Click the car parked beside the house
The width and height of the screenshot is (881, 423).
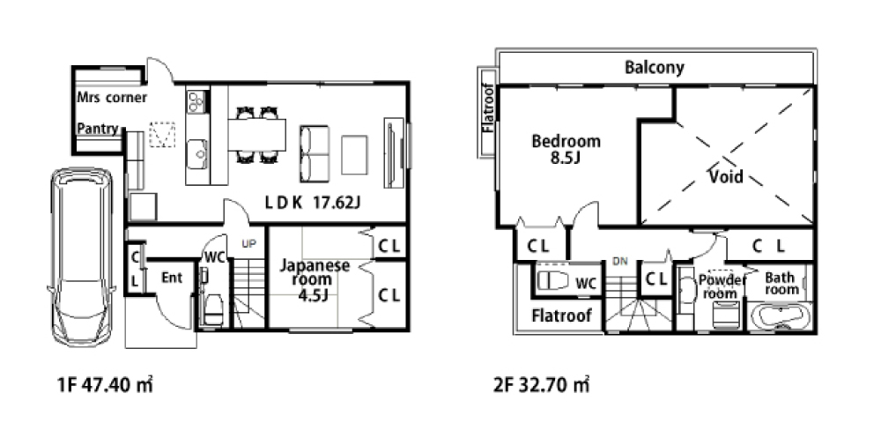click(x=82, y=256)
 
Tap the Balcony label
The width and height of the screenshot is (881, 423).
click(x=655, y=68)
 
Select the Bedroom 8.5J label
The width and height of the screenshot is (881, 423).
click(x=566, y=150)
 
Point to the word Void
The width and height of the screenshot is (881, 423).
click(x=726, y=176)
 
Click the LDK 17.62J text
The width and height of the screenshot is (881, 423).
click(x=313, y=203)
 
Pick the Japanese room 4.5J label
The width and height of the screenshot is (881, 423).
click(x=315, y=279)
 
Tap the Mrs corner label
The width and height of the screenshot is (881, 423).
click(x=112, y=98)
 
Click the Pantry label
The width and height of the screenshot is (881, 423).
click(x=98, y=129)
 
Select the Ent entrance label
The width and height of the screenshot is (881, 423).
click(x=172, y=278)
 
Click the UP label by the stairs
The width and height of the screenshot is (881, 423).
click(x=248, y=244)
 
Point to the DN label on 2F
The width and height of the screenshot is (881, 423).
click(x=620, y=262)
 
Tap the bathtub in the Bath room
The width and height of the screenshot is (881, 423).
click(x=781, y=317)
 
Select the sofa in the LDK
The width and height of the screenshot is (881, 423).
click(x=315, y=153)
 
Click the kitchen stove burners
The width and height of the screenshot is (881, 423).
click(x=196, y=101)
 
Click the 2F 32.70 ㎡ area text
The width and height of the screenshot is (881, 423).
click(x=542, y=385)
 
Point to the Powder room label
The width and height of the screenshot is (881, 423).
click(x=722, y=286)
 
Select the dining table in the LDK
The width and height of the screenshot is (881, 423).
click(x=256, y=135)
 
